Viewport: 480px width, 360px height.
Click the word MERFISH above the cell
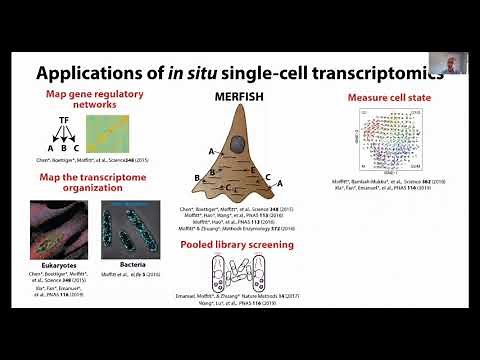(240, 100)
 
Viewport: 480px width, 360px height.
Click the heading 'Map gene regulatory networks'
(85, 100)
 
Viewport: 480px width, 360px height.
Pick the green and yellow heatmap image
(106, 133)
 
